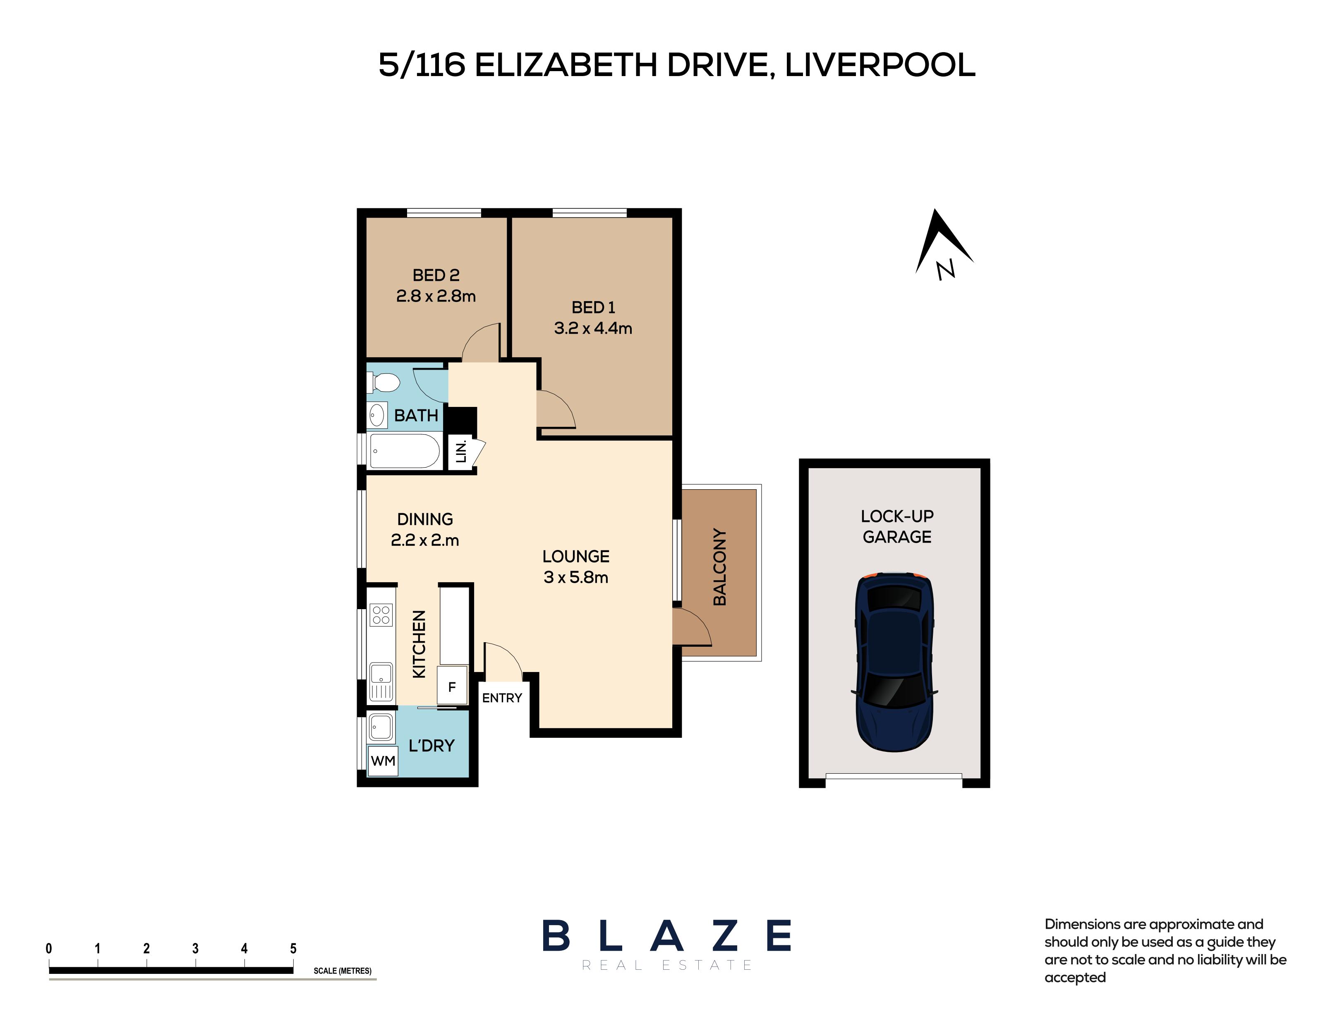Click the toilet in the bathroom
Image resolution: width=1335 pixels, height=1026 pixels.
[383, 383]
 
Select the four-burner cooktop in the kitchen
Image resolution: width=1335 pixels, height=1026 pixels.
[381, 615]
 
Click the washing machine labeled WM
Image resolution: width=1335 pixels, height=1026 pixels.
[383, 761]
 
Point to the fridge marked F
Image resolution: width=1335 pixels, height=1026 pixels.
[452, 687]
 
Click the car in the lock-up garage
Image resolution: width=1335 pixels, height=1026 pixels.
[894, 662]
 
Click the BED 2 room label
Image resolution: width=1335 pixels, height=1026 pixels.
[436, 275]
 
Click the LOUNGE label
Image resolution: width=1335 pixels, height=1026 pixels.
[575, 556]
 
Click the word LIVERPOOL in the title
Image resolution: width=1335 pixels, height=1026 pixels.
[880, 65]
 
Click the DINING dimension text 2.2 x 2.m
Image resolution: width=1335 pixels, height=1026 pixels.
[424, 540]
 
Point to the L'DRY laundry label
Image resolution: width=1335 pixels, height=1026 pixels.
[431, 746]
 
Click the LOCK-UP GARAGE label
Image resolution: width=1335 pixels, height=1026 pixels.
[897, 526]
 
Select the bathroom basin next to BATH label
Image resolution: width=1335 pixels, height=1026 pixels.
[377, 415]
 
